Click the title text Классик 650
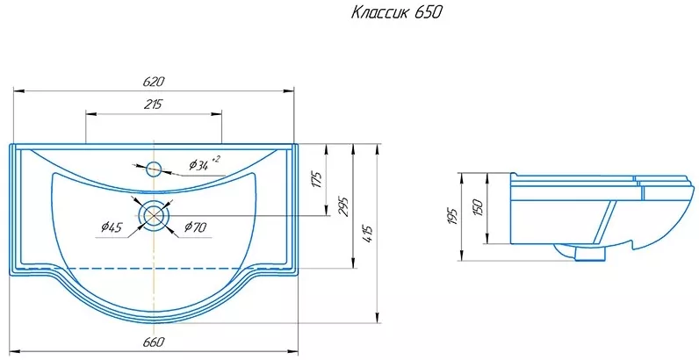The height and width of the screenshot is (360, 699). pos(396,13)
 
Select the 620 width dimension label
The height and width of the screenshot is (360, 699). pos(154,82)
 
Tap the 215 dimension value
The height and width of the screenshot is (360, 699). pos(154,104)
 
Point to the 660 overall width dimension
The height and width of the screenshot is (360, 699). pos(155,342)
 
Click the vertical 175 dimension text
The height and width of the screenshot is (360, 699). pos(316,178)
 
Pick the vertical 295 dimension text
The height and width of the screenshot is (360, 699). pos(343,205)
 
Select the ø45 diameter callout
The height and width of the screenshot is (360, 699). pos(112,227)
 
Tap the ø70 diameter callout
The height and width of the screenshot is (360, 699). pos(195,227)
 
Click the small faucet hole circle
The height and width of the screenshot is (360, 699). pos(154,169)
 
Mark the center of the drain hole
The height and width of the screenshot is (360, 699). pos(154,216)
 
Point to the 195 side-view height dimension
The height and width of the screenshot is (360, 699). pos(454,216)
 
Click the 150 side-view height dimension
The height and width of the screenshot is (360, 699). pos(478,207)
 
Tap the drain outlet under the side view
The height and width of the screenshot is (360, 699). pos(590,254)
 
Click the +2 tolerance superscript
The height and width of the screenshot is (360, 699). pos(215,159)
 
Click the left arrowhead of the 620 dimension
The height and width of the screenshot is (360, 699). pos(18,91)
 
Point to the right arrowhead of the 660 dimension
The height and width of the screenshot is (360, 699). pos(293,351)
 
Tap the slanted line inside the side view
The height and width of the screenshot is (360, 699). pos(605,222)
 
